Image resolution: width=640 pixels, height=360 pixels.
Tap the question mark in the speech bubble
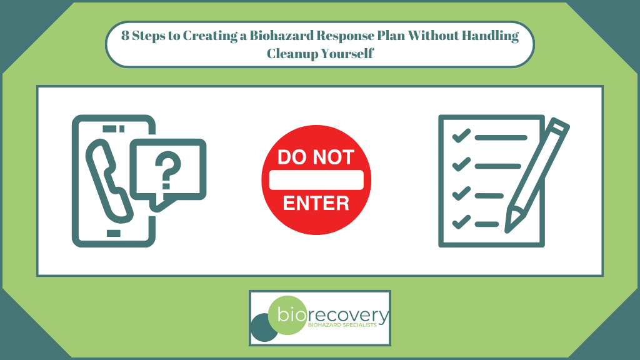pyautogui.click(x=167, y=172)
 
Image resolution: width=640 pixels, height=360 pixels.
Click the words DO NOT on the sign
pyautogui.click(x=316, y=157)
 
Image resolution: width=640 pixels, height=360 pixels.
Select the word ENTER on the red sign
pyautogui.click(x=316, y=203)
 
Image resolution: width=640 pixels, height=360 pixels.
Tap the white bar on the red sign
pyautogui.click(x=316, y=180)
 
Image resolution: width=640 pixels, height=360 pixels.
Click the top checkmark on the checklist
pyautogui.click(x=461, y=136)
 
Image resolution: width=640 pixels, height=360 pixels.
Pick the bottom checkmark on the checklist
pyautogui.click(x=461, y=221)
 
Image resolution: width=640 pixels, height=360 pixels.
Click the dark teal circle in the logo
pyautogui.click(x=262, y=328)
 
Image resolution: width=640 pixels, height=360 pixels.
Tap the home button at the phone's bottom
pyautogui.click(x=112, y=233)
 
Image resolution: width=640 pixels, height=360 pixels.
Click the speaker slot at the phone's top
pyautogui.click(x=109, y=129)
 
